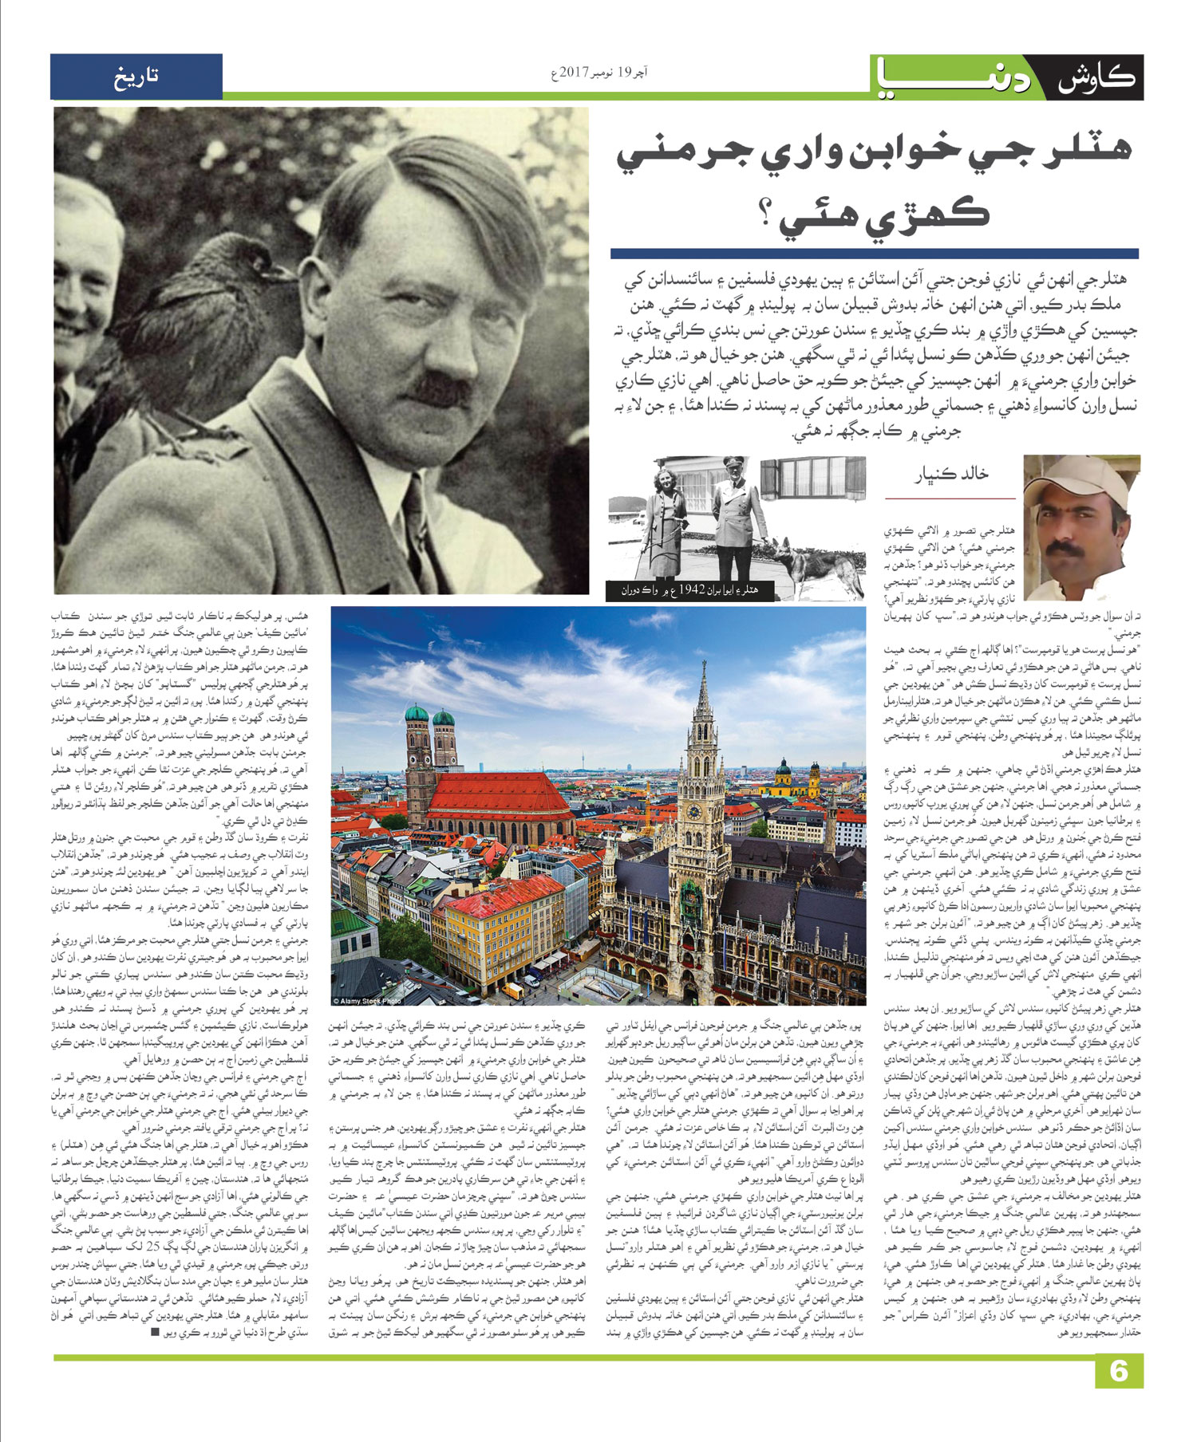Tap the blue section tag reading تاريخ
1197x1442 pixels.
(136, 77)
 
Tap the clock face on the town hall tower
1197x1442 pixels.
(694, 812)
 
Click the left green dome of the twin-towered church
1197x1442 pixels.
(417, 714)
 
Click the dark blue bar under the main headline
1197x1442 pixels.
(875, 254)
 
